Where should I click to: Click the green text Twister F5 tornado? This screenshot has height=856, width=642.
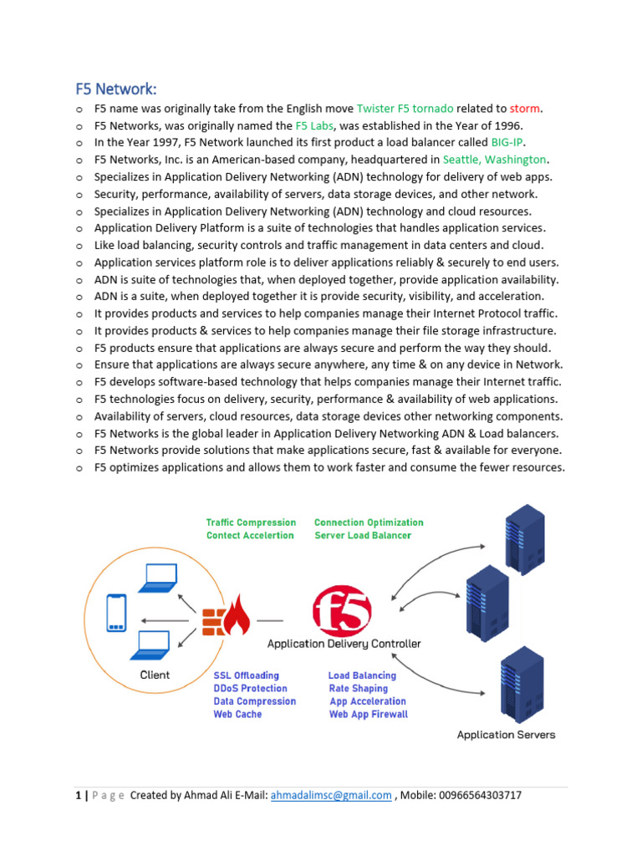pyautogui.click(x=405, y=109)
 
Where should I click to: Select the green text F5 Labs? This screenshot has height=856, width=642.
pyautogui.click(x=313, y=125)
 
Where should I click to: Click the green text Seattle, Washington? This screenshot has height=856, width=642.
pyautogui.click(x=494, y=160)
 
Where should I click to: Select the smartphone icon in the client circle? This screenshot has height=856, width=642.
pyautogui.click(x=116, y=613)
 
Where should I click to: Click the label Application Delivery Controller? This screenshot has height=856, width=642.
pyautogui.click(x=344, y=644)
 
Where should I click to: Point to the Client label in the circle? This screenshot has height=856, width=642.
pyautogui.click(x=154, y=675)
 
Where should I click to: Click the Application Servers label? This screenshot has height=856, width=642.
pyautogui.click(x=506, y=735)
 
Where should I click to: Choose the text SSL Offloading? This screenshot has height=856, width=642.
pyautogui.click(x=246, y=675)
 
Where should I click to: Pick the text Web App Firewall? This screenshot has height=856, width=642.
pyautogui.click(x=369, y=715)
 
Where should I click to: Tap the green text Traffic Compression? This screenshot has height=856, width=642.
pyautogui.click(x=251, y=522)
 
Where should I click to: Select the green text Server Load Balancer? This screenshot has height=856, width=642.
pyautogui.click(x=363, y=535)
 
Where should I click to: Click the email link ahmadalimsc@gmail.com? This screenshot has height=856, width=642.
pyautogui.click(x=331, y=796)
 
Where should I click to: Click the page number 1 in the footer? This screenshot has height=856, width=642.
pyautogui.click(x=77, y=796)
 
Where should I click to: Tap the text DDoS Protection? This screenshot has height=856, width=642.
pyautogui.click(x=252, y=689)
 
